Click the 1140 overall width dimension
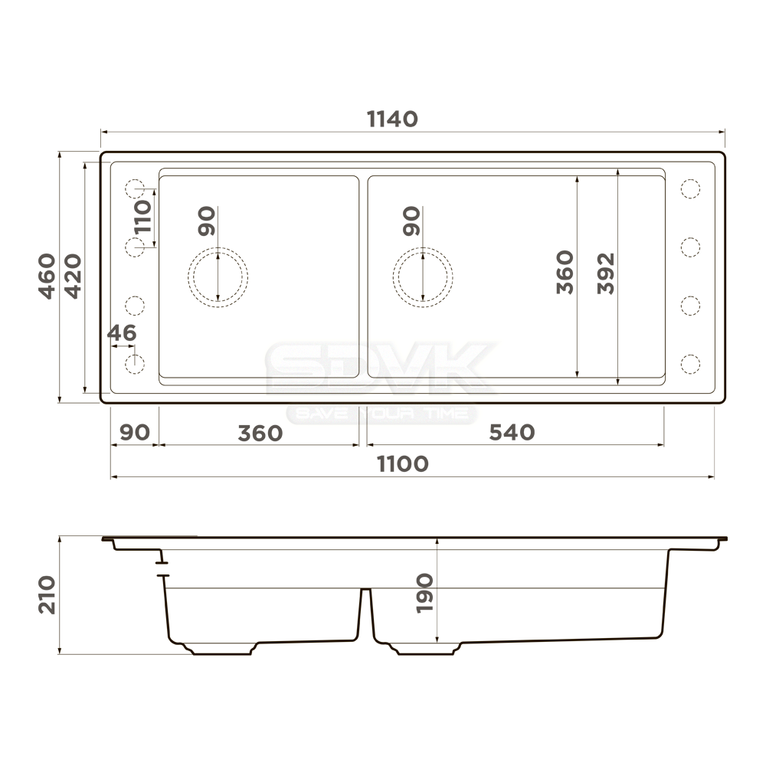(392, 119)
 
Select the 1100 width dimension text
(403, 464)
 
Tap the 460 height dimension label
(47, 276)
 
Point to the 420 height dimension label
(74, 276)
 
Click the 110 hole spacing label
(142, 217)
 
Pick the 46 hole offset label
(122, 333)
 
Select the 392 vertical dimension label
(606, 273)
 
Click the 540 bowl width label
(512, 432)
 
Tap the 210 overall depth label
(47, 594)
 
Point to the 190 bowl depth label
(424, 593)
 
